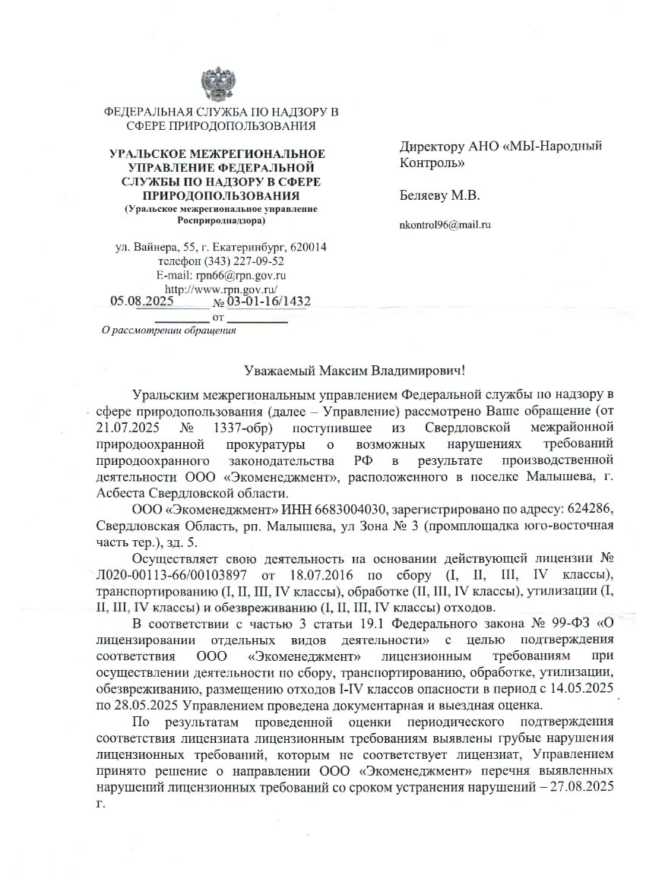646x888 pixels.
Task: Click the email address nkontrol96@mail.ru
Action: pos(445,225)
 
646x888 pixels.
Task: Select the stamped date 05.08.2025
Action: pos(142,302)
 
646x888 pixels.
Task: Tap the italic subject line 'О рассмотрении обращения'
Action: pos(169,330)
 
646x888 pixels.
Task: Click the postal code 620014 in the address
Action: pos(304,248)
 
